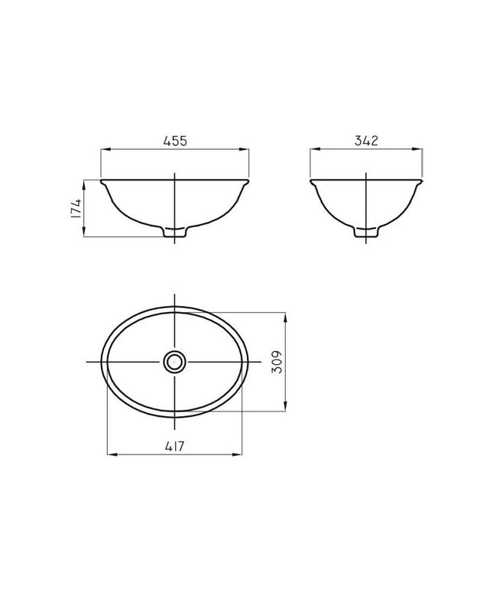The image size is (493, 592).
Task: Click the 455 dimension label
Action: tap(175, 141)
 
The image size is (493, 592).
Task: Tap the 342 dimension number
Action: tap(366, 141)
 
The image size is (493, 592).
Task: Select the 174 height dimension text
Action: tap(76, 208)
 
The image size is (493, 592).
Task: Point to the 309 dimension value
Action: tap(277, 362)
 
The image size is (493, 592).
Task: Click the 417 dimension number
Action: tap(175, 446)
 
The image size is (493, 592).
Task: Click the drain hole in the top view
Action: tap(174, 362)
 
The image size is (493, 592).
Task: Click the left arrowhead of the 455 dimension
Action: tap(105, 149)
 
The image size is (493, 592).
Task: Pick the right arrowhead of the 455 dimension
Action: tap(245, 149)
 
